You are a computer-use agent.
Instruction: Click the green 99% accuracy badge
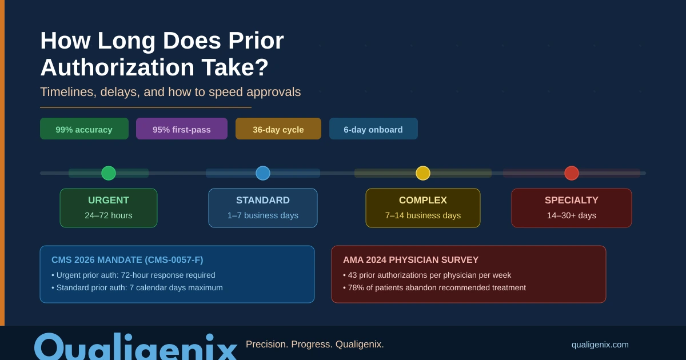tap(84, 129)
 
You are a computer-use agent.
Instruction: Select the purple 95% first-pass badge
tap(182, 129)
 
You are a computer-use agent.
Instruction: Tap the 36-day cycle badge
tap(278, 129)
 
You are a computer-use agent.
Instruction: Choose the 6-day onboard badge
tap(373, 129)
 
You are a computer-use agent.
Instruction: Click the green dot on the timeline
tap(109, 173)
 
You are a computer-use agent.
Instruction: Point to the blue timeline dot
tap(263, 173)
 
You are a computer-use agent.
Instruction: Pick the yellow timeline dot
tap(423, 173)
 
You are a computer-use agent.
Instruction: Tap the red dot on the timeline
tap(572, 173)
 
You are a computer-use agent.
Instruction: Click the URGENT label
tap(109, 201)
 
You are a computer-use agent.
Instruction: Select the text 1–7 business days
tap(263, 215)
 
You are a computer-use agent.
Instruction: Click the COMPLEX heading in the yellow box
tap(423, 201)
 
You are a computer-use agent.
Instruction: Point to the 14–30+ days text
tap(572, 215)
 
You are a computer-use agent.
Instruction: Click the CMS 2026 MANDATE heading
tap(127, 260)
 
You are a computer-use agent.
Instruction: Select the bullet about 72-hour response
tap(133, 275)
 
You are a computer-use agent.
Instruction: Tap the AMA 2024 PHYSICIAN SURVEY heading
tap(410, 260)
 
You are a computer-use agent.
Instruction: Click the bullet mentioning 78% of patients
tap(434, 287)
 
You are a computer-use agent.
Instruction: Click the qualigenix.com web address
tap(600, 345)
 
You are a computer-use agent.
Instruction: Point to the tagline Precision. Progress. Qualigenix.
tap(315, 345)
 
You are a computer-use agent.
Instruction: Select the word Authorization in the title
tap(118, 67)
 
